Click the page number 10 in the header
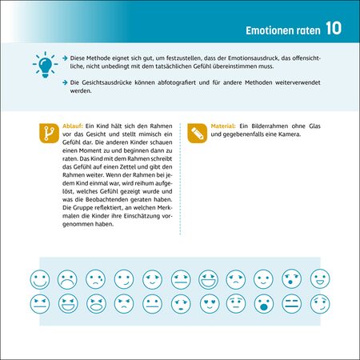coord(334,28)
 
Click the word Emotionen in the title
coord(270,30)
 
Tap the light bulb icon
coord(45,65)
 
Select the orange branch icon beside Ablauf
coord(49,133)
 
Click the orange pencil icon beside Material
coord(198,133)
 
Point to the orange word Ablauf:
coord(73,126)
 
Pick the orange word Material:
coord(223,126)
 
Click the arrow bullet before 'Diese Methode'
coord(65,58)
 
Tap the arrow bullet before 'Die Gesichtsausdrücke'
coord(65,82)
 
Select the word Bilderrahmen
coord(270,126)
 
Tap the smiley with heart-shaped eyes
coord(210,304)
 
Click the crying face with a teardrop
coord(96,279)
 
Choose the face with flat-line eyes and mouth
coord(292,304)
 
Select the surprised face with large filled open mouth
coord(264,304)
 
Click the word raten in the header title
coord(309,31)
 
